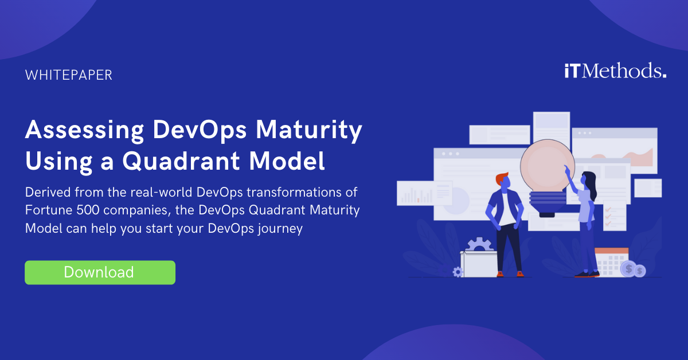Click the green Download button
tap(100, 272)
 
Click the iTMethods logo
tap(615, 72)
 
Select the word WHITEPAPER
tap(69, 75)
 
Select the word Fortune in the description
tap(48, 210)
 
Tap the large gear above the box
tap(479, 245)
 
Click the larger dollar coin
tap(629, 268)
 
